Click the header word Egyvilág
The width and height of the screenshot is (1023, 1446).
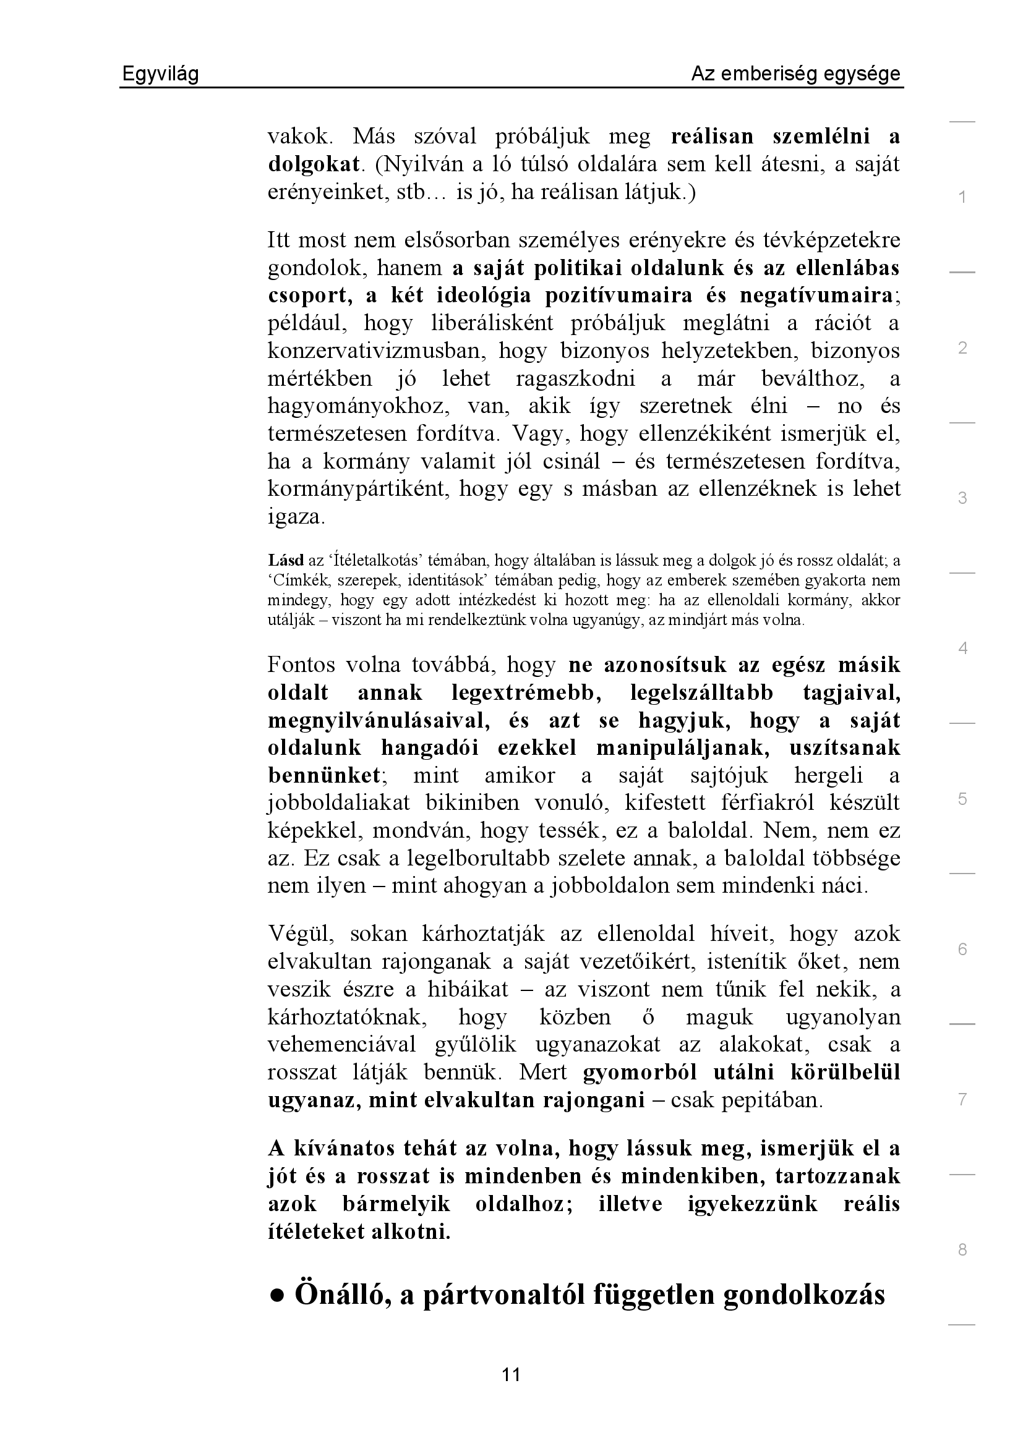[x=160, y=74]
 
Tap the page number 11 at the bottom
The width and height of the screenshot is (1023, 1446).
[x=511, y=1374]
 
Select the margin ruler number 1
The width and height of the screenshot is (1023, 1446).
[x=962, y=198]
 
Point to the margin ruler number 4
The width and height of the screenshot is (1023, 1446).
[x=962, y=648]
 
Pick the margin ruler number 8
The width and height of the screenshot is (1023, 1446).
[x=962, y=1249]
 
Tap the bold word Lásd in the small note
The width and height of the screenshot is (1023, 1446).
[x=285, y=560]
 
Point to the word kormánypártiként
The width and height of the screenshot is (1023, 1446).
[x=356, y=489]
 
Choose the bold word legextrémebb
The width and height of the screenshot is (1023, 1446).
[x=526, y=693]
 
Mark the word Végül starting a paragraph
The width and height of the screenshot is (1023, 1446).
[x=300, y=934]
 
